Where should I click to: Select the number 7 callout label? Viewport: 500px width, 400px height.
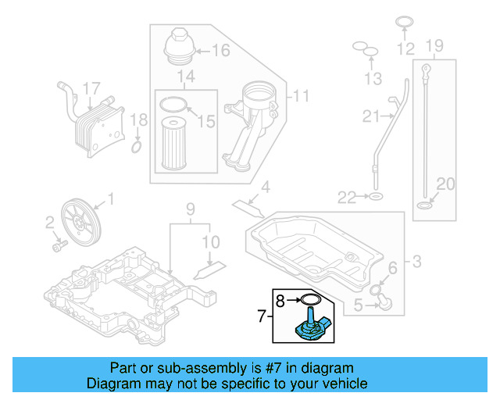pyautogui.click(x=262, y=316)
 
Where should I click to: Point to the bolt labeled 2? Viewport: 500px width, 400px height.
pyautogui.click(x=57, y=246)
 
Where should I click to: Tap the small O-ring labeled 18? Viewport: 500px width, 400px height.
pyautogui.click(x=136, y=147)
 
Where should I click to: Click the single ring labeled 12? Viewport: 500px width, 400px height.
pyautogui.click(x=404, y=22)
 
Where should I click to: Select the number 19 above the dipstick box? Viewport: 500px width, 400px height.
pyautogui.click(x=435, y=45)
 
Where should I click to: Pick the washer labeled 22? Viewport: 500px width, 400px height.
pyautogui.click(x=376, y=195)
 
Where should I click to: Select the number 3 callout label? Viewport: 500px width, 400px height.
pyautogui.click(x=416, y=260)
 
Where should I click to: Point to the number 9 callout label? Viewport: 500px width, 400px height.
pyautogui.click(x=189, y=209)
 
